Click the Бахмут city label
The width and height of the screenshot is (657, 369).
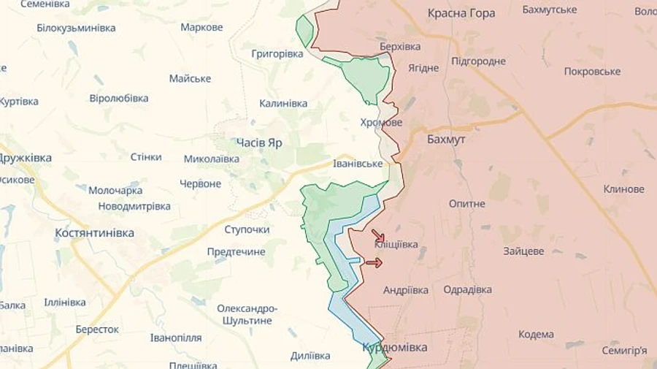(x=447, y=138)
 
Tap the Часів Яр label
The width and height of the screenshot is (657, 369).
(x=259, y=142)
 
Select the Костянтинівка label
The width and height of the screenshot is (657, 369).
(x=95, y=232)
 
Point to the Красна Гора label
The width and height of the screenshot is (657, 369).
(x=461, y=13)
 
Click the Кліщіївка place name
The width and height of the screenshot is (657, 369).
(x=396, y=245)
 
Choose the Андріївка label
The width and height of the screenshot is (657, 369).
(x=406, y=290)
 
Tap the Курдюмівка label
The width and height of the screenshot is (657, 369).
(x=395, y=347)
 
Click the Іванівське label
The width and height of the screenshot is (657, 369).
(x=358, y=164)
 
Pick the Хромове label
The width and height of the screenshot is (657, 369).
(x=381, y=122)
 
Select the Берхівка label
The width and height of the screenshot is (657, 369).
(x=400, y=46)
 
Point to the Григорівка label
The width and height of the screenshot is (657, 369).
(x=277, y=54)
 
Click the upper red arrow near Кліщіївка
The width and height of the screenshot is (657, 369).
(x=378, y=236)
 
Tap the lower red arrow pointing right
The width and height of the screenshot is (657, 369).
(x=373, y=262)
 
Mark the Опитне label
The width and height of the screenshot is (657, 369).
(x=467, y=204)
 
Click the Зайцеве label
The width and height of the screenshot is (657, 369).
(x=523, y=251)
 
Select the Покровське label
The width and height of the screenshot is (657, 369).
(x=592, y=72)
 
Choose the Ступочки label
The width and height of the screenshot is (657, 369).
(x=247, y=229)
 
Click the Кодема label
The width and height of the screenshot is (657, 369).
(x=536, y=335)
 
